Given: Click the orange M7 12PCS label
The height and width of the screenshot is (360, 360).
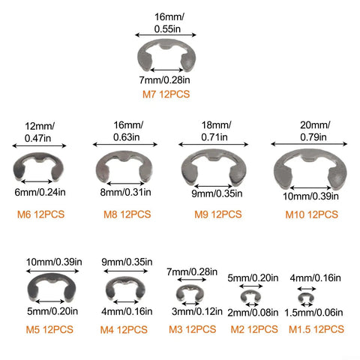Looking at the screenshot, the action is coord(166,94).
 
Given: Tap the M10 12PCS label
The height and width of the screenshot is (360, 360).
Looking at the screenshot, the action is coord(311,214).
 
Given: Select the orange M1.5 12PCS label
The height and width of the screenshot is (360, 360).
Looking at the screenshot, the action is coord(316,329).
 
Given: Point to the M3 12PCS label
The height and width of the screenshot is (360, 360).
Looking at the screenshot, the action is coord(192,329).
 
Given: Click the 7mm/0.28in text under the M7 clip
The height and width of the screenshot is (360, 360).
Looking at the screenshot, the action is coord(164,80).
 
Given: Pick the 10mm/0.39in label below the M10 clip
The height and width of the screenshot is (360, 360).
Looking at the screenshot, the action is coord(310,196).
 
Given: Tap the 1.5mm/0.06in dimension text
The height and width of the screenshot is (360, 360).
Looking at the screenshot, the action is coord(313,313).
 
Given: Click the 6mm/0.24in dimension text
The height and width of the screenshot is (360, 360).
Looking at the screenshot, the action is coord(40,192).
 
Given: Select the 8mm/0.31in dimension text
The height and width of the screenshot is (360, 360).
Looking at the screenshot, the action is coord(125,192).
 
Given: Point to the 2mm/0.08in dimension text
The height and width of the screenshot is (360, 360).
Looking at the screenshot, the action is coord(253,313).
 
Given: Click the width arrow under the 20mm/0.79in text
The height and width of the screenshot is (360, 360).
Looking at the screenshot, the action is coord(309,144).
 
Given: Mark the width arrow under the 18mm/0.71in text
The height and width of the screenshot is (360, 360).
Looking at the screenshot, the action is coord(214,144).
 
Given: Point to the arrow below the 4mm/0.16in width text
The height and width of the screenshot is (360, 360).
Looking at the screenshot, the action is coord(307,289).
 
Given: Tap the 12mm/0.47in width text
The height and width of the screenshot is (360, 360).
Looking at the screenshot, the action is coord(39,132).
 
